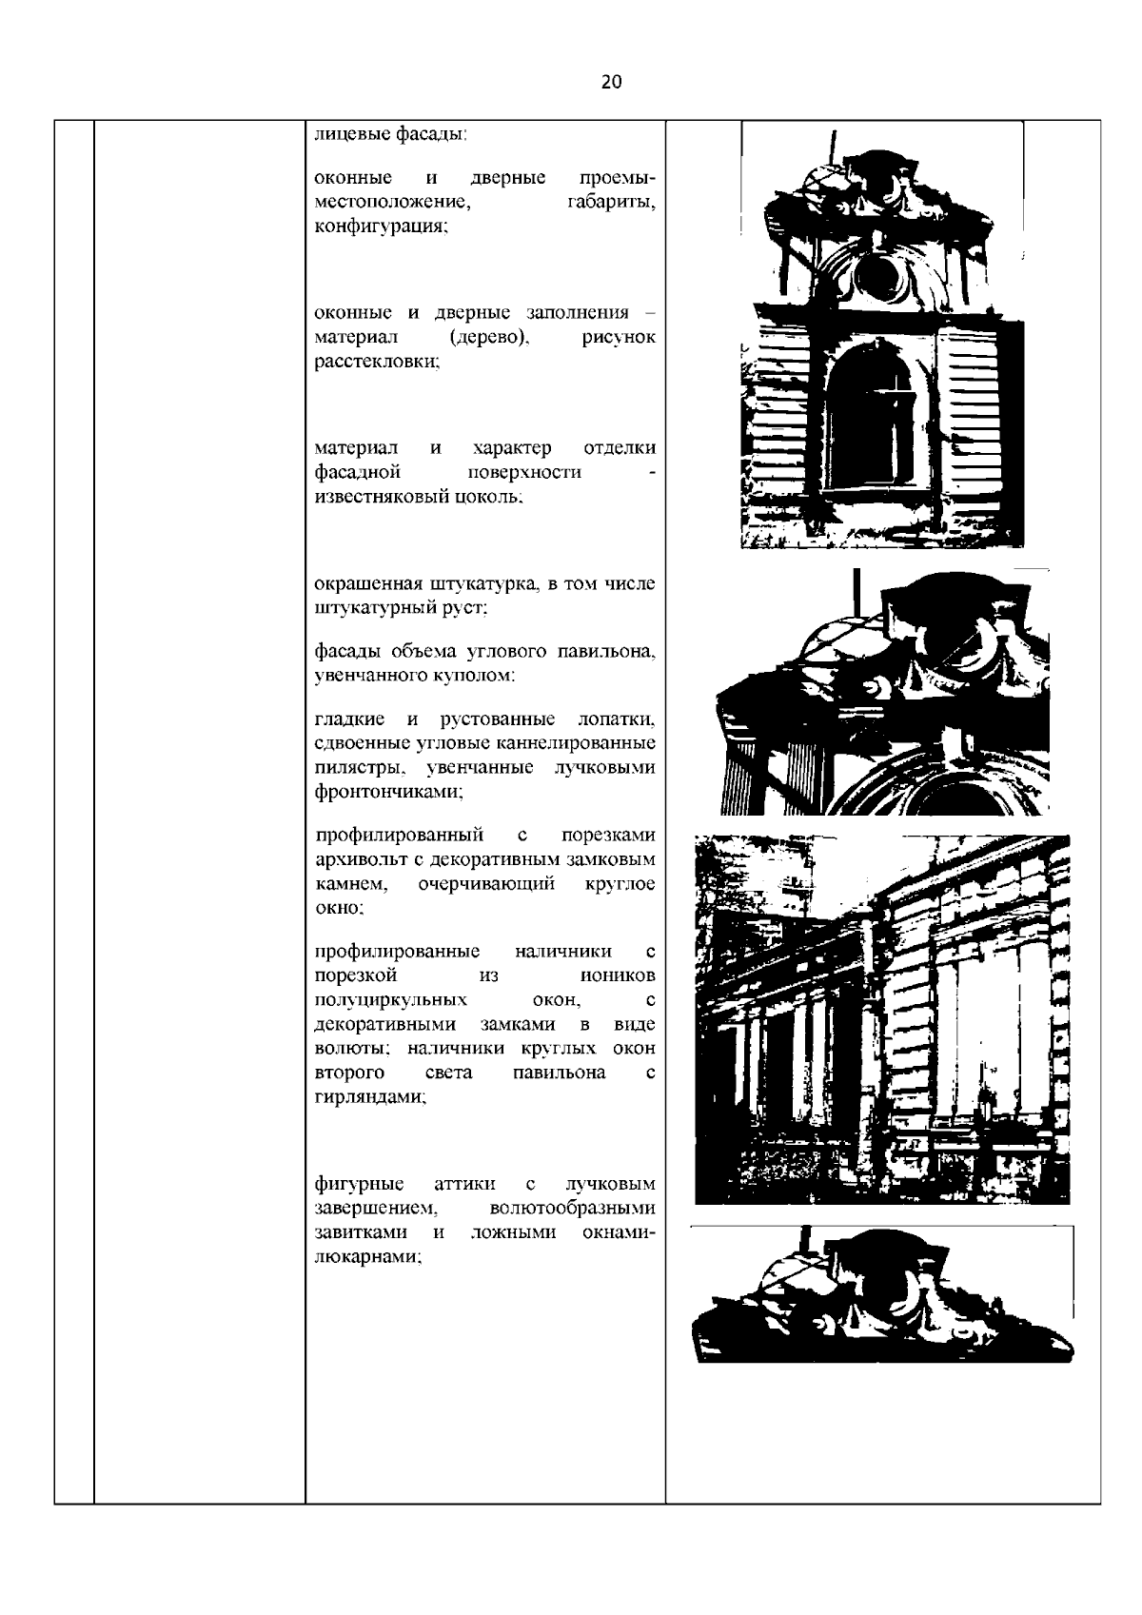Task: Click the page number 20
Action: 612,82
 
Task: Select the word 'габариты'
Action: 611,203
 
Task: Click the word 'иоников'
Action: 618,975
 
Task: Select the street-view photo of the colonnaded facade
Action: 882,1018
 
